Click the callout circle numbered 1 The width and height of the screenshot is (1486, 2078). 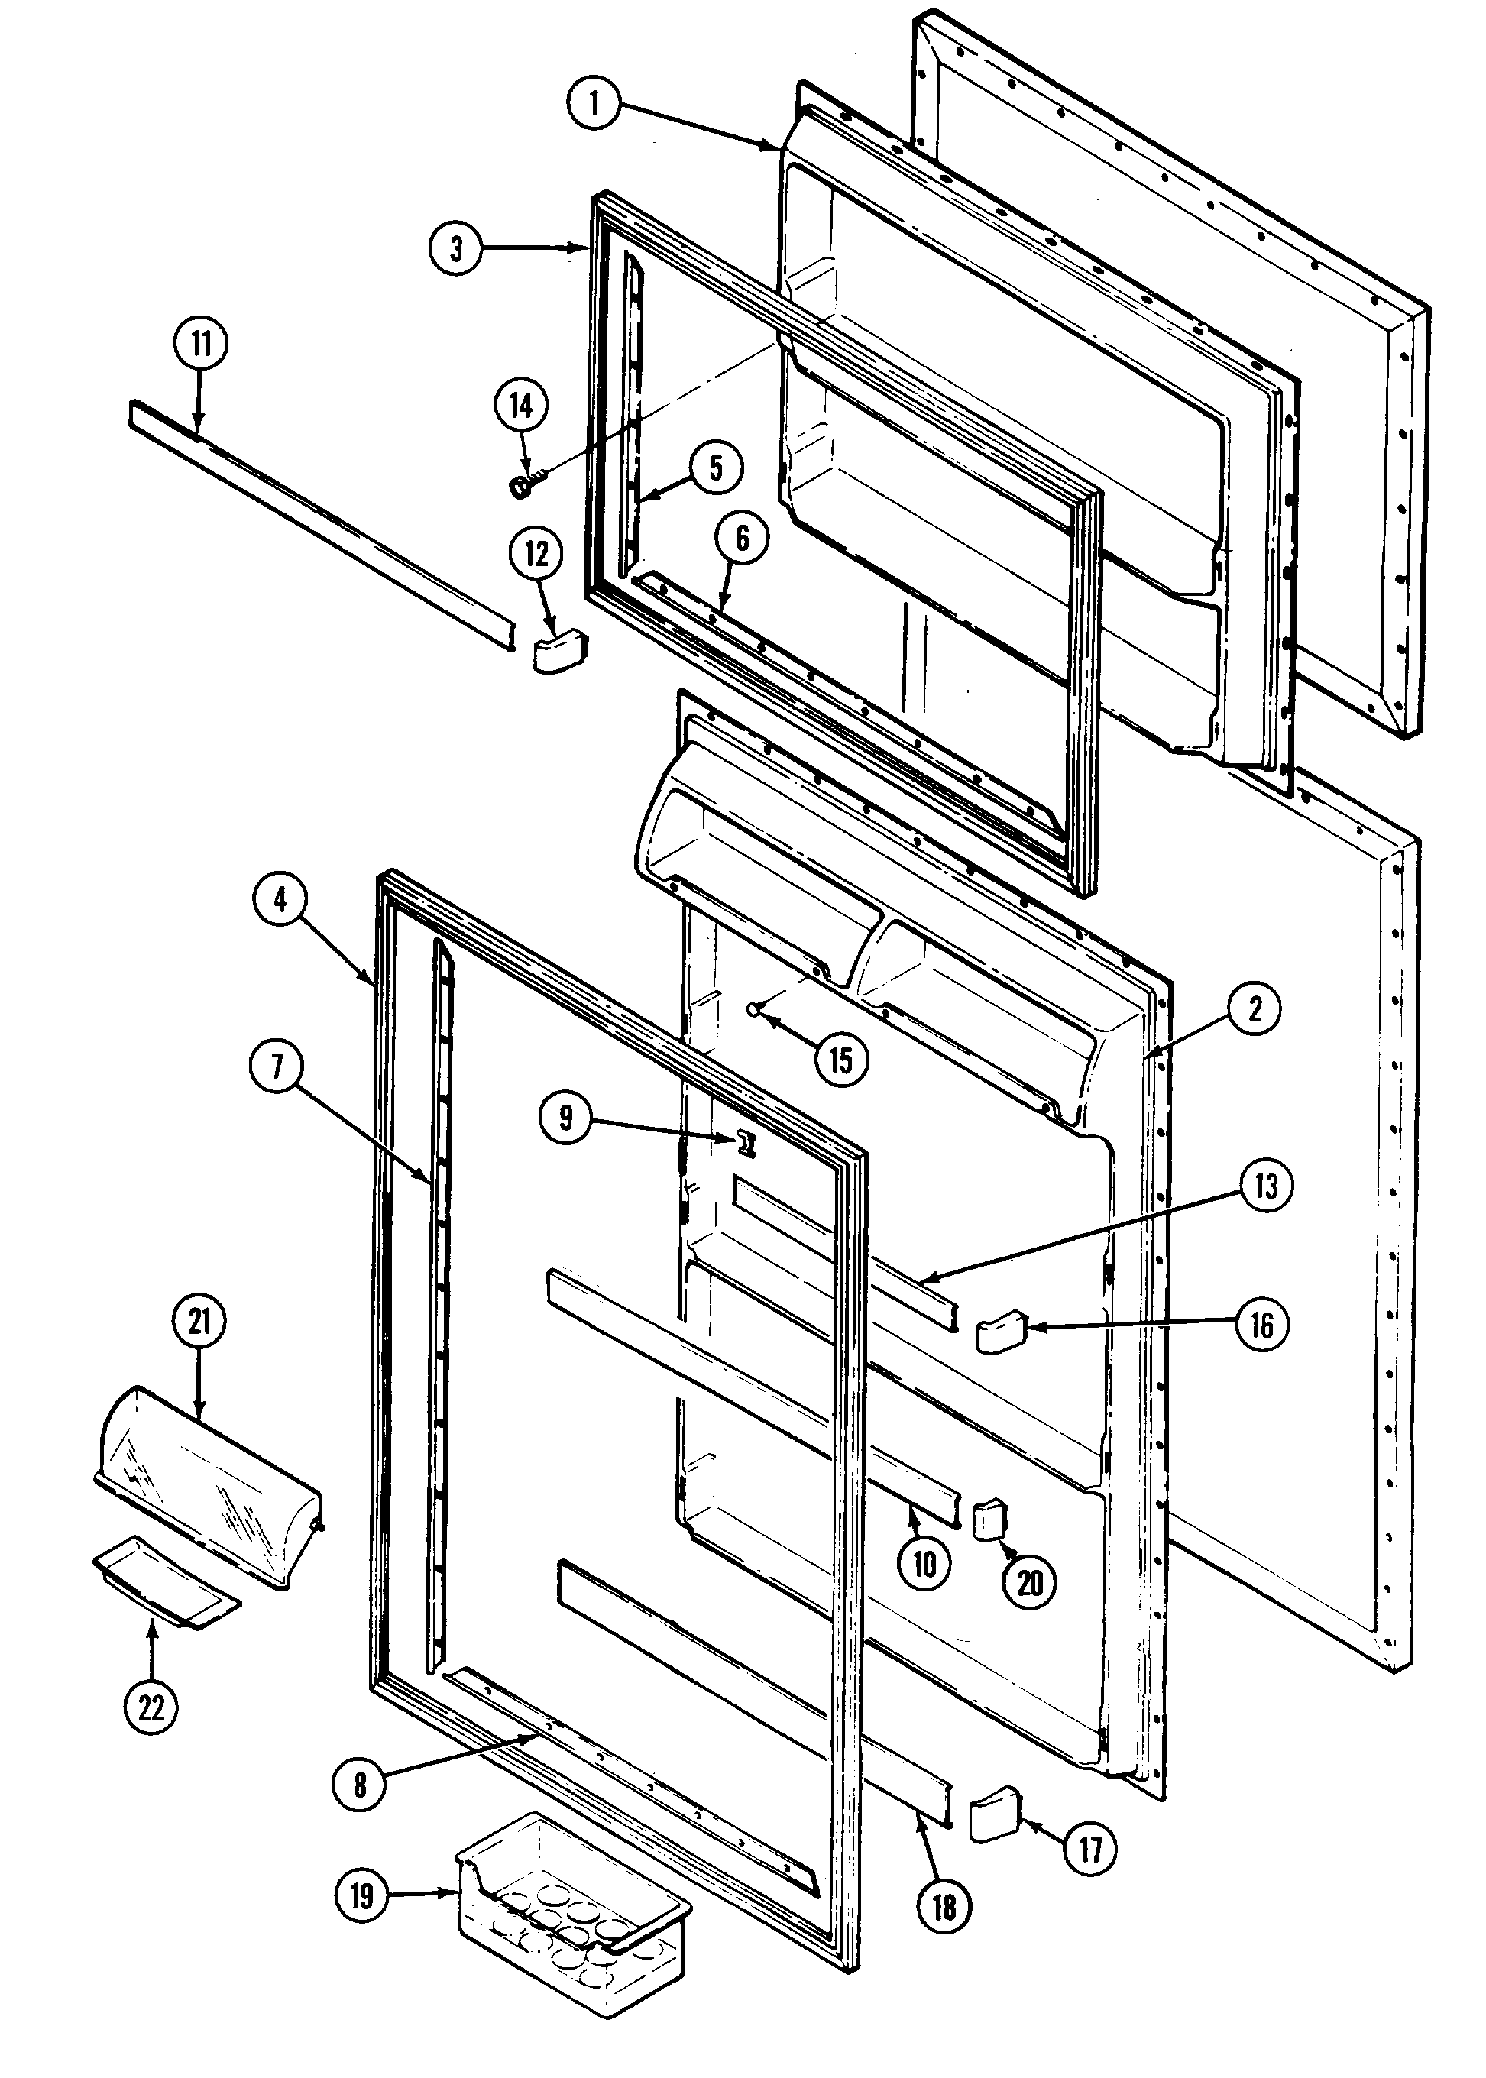[593, 103]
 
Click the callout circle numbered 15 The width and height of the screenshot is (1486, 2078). [841, 1060]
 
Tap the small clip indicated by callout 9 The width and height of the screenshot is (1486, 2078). [749, 1143]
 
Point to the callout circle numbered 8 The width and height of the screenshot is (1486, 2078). [360, 1785]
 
